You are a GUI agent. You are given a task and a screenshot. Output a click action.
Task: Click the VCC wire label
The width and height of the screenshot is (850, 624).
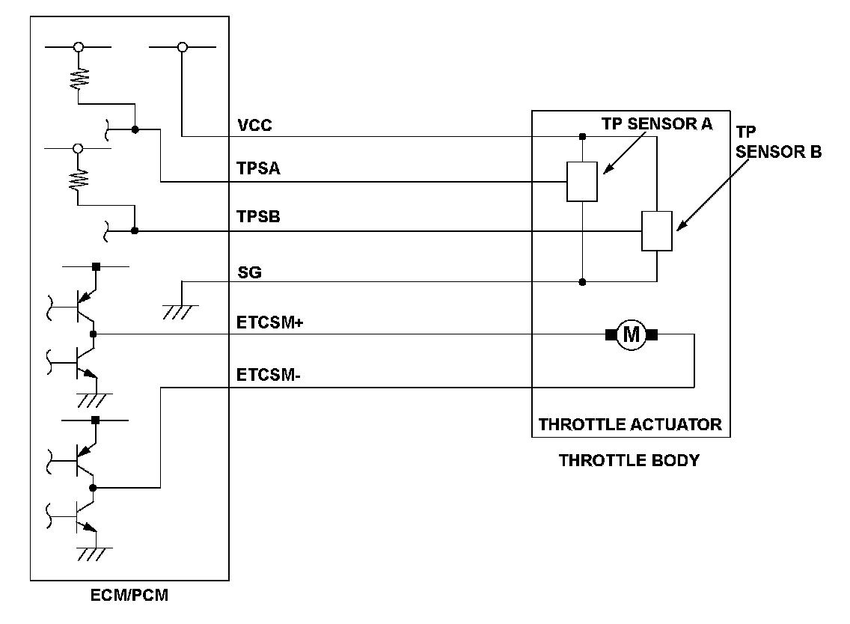click(x=254, y=125)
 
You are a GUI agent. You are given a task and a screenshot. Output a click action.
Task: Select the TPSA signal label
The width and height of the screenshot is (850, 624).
click(x=258, y=170)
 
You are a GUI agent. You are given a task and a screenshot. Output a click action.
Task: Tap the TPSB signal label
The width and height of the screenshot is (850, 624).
click(x=258, y=218)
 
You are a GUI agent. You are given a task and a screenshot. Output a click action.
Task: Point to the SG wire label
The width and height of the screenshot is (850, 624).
click(x=249, y=273)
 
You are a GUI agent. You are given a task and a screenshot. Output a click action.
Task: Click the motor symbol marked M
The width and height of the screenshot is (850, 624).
click(x=632, y=334)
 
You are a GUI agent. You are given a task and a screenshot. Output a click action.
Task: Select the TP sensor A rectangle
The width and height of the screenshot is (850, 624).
click(x=581, y=181)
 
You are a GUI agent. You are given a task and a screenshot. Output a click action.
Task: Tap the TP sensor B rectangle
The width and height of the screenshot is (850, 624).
click(x=656, y=231)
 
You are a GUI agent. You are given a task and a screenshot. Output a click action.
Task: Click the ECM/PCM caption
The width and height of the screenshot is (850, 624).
click(x=129, y=596)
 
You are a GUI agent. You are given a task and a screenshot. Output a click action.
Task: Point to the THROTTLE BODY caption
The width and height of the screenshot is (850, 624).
click(x=629, y=460)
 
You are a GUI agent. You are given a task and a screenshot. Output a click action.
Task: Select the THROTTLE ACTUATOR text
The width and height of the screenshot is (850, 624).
click(x=630, y=425)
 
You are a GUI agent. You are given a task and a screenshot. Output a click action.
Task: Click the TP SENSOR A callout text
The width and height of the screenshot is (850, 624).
click(x=657, y=124)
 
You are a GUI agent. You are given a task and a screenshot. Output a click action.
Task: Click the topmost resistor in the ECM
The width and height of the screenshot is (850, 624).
click(x=77, y=78)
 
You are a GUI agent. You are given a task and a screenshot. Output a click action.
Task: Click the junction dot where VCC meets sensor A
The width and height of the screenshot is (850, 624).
click(x=582, y=137)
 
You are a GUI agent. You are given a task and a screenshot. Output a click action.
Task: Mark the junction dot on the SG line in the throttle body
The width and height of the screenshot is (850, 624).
click(x=582, y=282)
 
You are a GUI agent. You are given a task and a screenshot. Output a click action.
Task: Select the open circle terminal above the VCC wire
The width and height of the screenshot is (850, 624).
click(x=181, y=47)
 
